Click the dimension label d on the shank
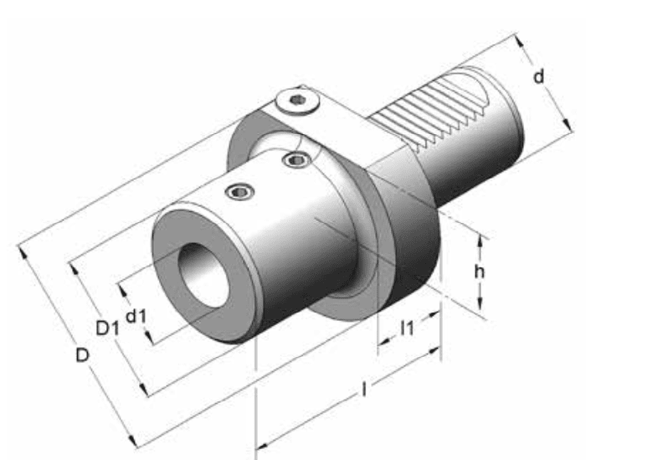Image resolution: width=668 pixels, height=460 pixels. coord(539,77)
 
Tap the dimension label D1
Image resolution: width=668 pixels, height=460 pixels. coord(107,328)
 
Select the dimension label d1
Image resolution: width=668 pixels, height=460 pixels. coord(136,316)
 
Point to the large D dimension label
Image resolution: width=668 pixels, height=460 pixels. coord(82,355)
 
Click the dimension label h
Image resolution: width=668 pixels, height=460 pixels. coord(480,271)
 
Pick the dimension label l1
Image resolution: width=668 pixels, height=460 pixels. coord(407,328)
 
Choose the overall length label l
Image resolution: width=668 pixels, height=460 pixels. coord(363,390)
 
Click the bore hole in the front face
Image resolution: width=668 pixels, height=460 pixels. coord(203,275)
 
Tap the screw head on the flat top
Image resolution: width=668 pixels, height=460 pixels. coord(297,101)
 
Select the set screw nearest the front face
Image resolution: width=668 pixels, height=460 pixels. coord(240,192)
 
